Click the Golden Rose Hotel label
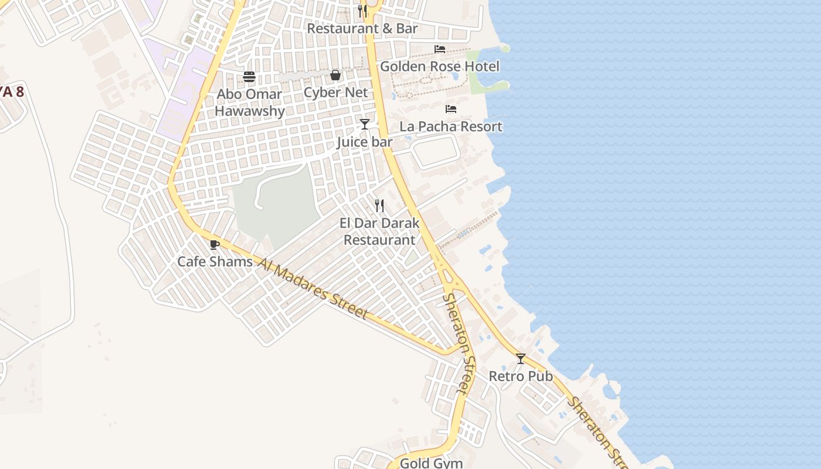click(x=440, y=66)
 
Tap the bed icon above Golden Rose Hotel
click(x=440, y=49)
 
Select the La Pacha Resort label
click(x=451, y=127)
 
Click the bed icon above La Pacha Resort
click(x=451, y=109)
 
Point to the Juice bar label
click(x=364, y=142)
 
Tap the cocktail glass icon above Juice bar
click(x=365, y=124)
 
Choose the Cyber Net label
click(x=335, y=93)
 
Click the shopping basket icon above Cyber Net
click(x=335, y=75)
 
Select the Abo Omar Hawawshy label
click(x=250, y=103)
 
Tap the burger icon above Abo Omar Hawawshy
click(x=249, y=77)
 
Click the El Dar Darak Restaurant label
click(x=380, y=232)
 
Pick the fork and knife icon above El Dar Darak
click(x=380, y=206)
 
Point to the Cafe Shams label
click(x=215, y=261)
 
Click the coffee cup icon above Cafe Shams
click(x=214, y=244)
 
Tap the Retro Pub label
click(x=521, y=376)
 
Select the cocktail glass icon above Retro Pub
click(x=521, y=359)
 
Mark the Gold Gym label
click(x=431, y=463)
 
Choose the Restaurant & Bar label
click(x=362, y=28)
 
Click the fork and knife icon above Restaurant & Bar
click(x=362, y=11)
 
